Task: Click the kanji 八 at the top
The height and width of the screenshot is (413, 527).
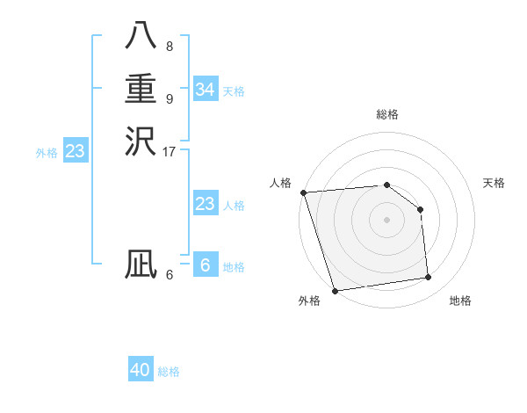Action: coord(141,36)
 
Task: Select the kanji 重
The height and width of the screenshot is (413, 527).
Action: coord(141,89)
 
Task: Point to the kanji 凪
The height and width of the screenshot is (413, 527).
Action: coord(141,264)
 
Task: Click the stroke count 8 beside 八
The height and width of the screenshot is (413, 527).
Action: coord(169,46)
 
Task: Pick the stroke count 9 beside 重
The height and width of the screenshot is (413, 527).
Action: coord(169,98)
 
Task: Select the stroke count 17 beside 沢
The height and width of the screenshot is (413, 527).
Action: coord(170,151)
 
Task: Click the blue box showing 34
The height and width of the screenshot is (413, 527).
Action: coord(205,90)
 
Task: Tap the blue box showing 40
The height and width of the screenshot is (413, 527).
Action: coord(141,370)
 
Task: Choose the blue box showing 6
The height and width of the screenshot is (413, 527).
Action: coord(205,265)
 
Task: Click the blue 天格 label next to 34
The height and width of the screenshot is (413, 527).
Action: coord(234,91)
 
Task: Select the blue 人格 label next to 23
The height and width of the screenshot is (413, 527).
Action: coord(234,206)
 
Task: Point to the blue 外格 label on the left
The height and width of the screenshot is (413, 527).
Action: coord(47,153)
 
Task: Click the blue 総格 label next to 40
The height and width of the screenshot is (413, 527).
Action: coord(169,372)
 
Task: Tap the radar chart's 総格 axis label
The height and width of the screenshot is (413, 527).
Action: coord(386,114)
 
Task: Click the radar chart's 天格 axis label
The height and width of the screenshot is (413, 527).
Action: coord(494,183)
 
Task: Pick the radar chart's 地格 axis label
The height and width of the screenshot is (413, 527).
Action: coord(460,301)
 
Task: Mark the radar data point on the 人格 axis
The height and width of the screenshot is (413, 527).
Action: coord(303,192)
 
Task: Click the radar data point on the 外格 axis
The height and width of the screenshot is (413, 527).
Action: coord(335,290)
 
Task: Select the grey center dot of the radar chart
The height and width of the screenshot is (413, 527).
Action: coord(386,220)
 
